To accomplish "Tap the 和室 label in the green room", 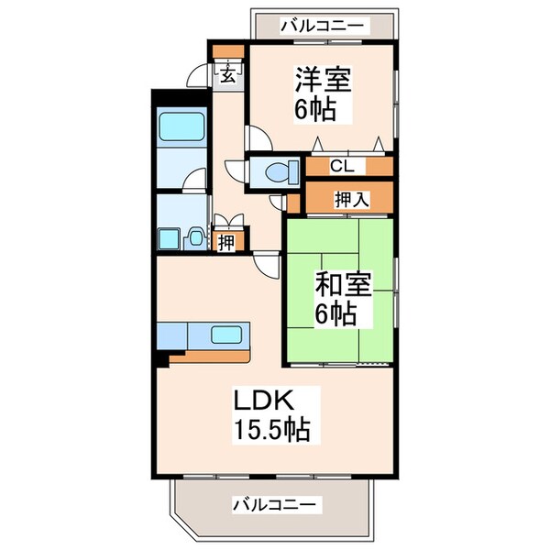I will (345, 285).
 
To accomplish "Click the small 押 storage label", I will (225, 242).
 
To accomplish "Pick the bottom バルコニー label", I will (274, 503).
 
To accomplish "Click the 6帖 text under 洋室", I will (313, 110).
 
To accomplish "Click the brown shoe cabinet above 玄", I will (228, 51).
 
